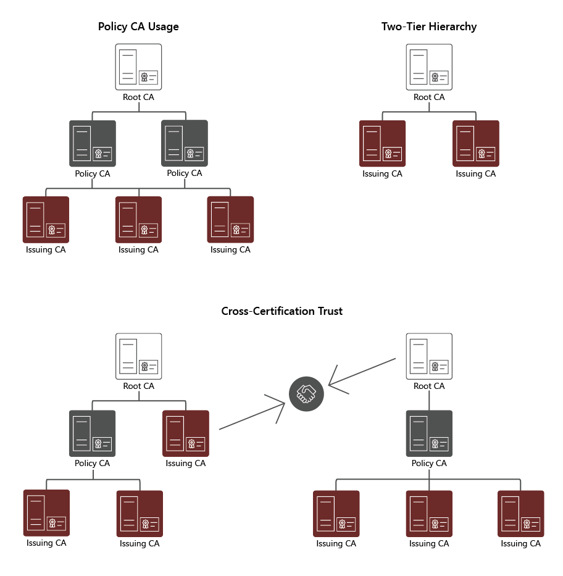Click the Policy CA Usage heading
coord(138,27)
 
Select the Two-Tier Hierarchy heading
coord(429,27)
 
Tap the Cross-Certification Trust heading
coord(281,311)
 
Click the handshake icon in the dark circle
coord(306,393)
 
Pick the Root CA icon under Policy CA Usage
coord(139,67)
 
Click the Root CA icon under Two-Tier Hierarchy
coord(429,67)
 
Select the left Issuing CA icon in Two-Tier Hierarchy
coord(383,143)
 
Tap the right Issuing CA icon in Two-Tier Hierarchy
coord(476,143)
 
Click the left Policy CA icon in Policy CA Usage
coord(93,143)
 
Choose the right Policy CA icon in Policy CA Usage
coord(185,143)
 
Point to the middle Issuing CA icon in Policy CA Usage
coord(139,220)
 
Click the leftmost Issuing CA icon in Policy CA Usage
coord(46,220)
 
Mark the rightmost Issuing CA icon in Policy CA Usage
coord(231,220)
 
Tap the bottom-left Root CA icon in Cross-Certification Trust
coord(139,356)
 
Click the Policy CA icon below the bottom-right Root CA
coord(429,433)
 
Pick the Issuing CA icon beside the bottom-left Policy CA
coord(186,433)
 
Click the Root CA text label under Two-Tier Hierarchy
coord(429,97)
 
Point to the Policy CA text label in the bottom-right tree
coord(429,463)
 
